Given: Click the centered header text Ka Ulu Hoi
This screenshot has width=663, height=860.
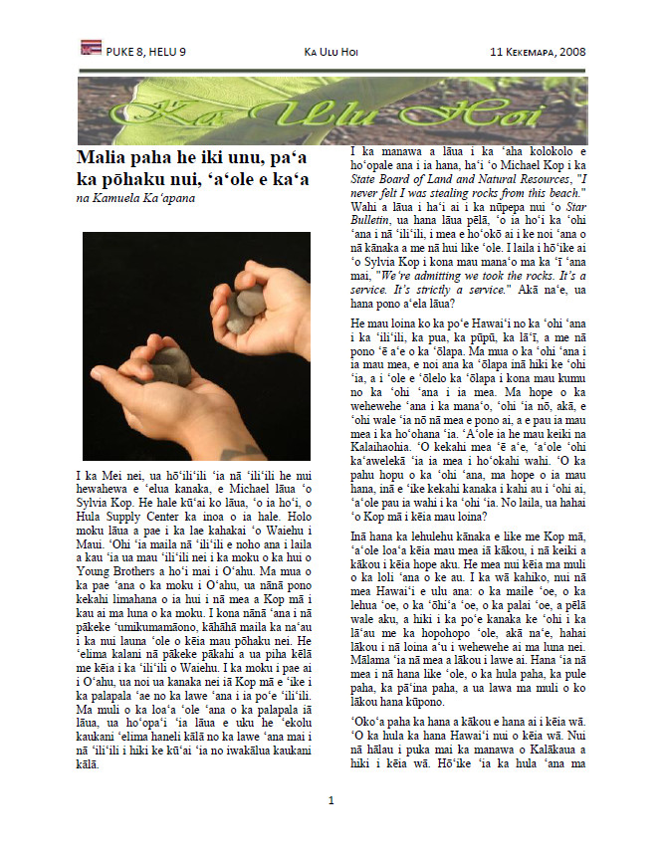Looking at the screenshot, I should coord(331,51).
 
